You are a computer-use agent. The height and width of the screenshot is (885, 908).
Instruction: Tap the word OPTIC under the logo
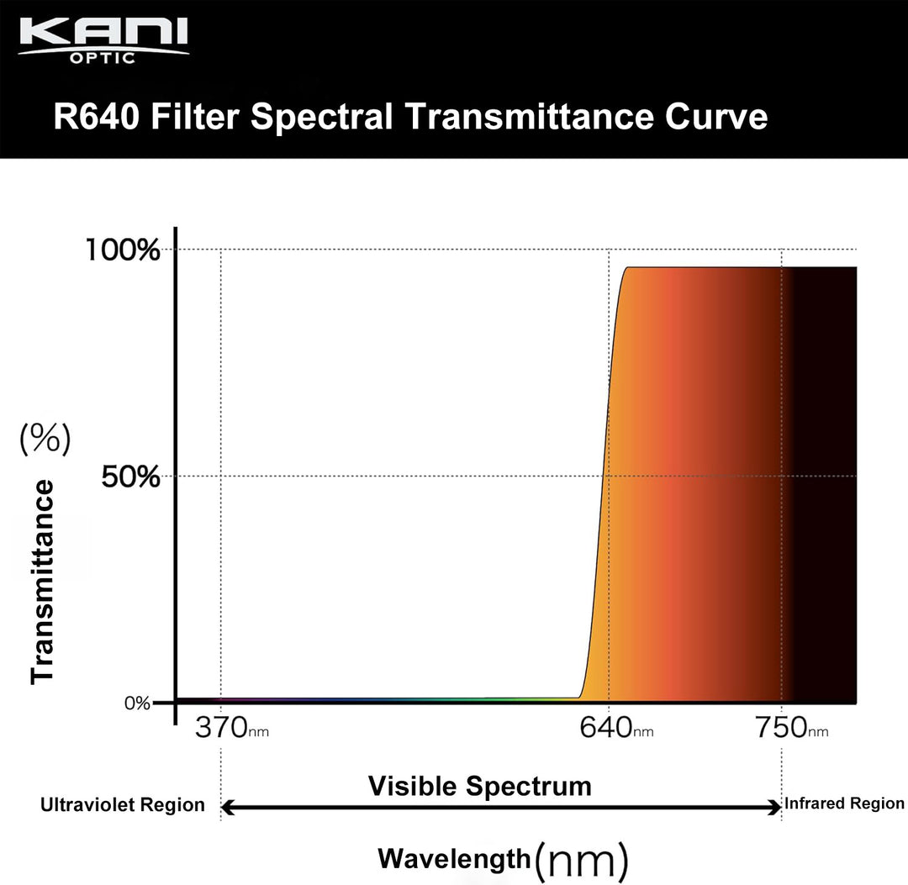[x=103, y=59]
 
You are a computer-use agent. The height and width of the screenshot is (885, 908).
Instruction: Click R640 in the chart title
[x=96, y=117]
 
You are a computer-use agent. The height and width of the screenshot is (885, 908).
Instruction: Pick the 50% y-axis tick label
[x=129, y=477]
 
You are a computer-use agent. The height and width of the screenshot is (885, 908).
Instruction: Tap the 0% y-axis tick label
[x=137, y=703]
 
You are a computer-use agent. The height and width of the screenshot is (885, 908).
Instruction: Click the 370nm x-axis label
[x=232, y=728]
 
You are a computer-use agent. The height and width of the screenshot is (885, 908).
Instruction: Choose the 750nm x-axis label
[x=791, y=728]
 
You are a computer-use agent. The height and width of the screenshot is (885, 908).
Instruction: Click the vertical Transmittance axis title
[x=43, y=582]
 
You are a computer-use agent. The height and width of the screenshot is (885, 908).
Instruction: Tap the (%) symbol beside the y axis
[x=45, y=440]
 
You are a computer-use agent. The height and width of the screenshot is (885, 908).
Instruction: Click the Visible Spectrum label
[x=480, y=787]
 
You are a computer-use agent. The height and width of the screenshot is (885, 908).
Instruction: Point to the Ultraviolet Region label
[x=123, y=805]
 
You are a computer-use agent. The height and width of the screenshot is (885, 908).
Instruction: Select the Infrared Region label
[x=844, y=804]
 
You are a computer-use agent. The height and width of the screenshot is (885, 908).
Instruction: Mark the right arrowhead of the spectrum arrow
[x=776, y=809]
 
